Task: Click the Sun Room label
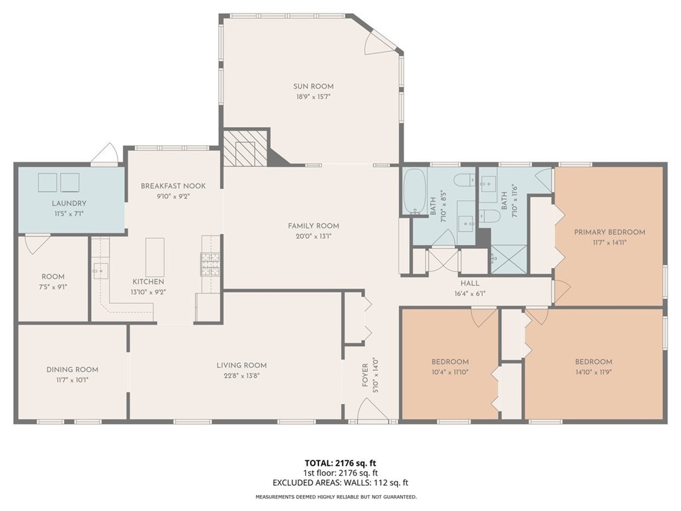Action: pos(313,86)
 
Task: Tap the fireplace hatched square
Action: pos(245,148)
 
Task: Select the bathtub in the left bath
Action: pos(415,191)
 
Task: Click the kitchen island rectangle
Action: pos(154,257)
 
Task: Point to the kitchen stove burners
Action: pos(211,264)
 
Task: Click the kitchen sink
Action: pos(100,271)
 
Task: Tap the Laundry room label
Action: pos(69,203)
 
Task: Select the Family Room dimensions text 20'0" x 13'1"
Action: pos(313,236)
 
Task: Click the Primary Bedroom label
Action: pos(609,232)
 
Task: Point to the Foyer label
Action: pos(365,375)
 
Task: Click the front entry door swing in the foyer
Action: pos(374,410)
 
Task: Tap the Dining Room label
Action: pos(72,369)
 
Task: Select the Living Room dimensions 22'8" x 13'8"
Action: pos(241,376)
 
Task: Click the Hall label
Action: pos(470,283)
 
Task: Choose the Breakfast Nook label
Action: pos(174,186)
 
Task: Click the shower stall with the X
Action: pos(509,259)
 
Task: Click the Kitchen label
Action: pos(148,281)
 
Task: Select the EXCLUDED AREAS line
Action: pos(340,482)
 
